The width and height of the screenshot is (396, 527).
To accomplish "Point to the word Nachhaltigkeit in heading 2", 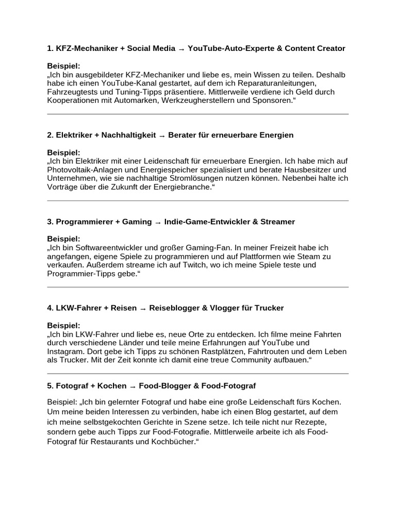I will point(128,135).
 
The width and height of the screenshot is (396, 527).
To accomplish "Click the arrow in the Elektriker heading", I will point(162,135).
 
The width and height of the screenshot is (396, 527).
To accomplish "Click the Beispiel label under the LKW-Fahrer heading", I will point(63,325).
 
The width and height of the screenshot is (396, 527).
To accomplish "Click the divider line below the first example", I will point(198,114).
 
